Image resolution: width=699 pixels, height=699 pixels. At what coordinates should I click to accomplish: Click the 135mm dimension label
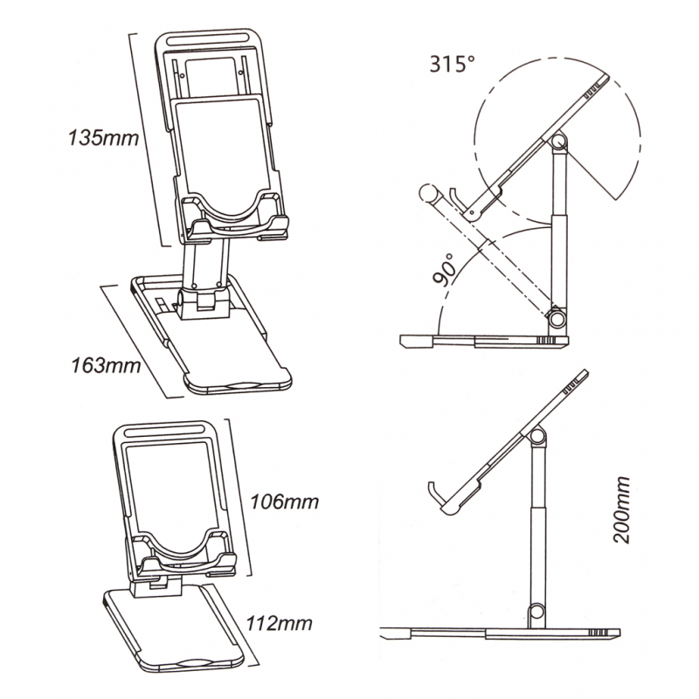(x=103, y=137)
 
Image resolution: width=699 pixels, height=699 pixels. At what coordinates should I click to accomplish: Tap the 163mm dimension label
(x=106, y=365)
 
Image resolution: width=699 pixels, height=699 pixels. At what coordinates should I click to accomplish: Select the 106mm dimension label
(x=285, y=502)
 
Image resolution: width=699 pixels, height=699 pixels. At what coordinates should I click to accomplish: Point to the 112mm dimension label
(x=280, y=623)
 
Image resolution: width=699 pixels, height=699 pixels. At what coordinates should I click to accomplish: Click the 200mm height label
(x=621, y=509)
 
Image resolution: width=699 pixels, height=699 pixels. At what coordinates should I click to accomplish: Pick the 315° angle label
(x=453, y=64)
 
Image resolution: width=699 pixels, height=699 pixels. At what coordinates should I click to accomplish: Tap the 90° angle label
(x=446, y=269)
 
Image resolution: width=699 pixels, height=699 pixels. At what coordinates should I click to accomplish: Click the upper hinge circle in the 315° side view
(x=559, y=142)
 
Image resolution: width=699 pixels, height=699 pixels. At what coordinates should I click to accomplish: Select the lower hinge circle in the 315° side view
(x=557, y=319)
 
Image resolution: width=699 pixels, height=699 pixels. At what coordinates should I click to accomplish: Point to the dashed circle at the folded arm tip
(x=428, y=193)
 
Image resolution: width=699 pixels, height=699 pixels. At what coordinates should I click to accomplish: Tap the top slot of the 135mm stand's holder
(x=208, y=41)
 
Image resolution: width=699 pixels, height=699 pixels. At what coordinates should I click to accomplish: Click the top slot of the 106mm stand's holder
(x=163, y=432)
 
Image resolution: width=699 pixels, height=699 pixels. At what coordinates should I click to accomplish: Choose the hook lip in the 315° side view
(x=456, y=199)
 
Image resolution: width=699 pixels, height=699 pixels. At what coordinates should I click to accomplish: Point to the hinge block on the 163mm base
(x=204, y=303)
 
